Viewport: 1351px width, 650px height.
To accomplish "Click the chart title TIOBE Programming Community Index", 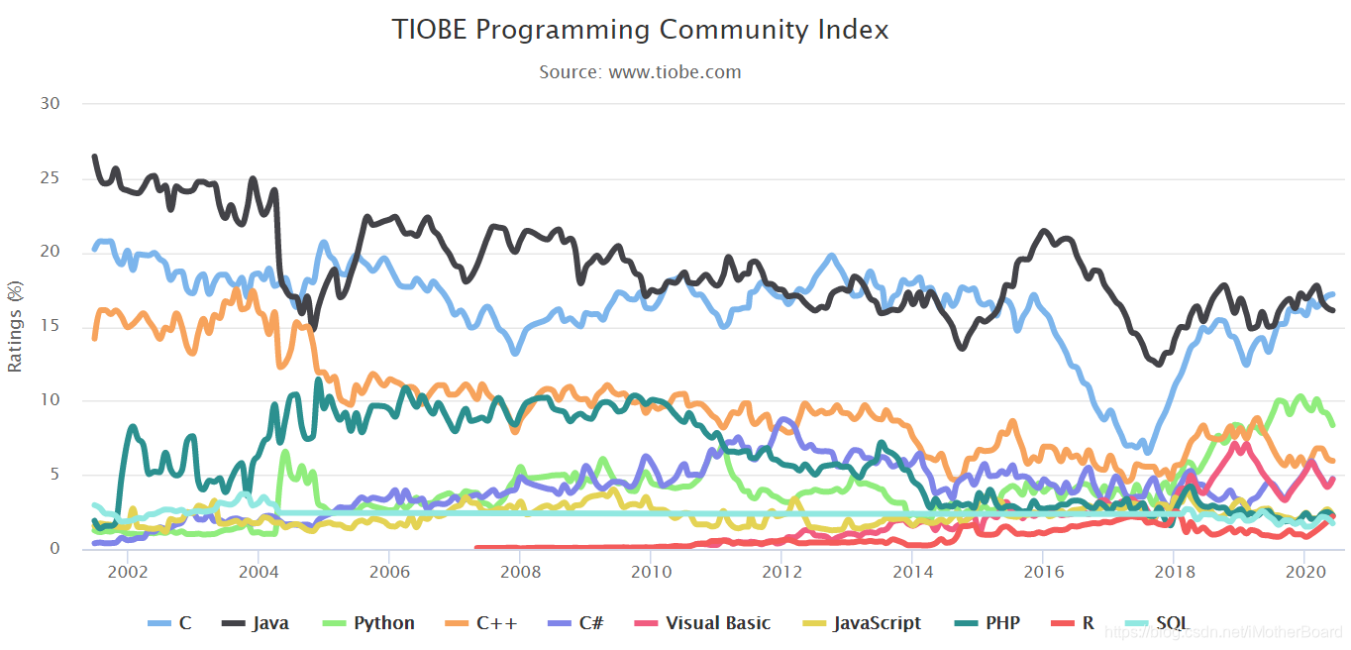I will click(640, 30).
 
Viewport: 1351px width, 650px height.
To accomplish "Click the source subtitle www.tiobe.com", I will click(640, 72).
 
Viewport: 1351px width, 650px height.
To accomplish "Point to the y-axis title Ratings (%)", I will click(15, 327).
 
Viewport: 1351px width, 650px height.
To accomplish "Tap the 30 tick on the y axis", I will click(50, 104).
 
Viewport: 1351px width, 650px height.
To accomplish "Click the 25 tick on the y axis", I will click(50, 178).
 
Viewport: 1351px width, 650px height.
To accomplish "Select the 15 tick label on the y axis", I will click(50, 326).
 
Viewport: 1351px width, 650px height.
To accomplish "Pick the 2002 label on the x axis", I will click(128, 573).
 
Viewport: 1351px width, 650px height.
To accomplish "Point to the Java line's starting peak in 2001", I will click(94, 157).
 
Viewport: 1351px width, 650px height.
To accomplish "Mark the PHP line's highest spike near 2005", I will click(318, 379).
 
